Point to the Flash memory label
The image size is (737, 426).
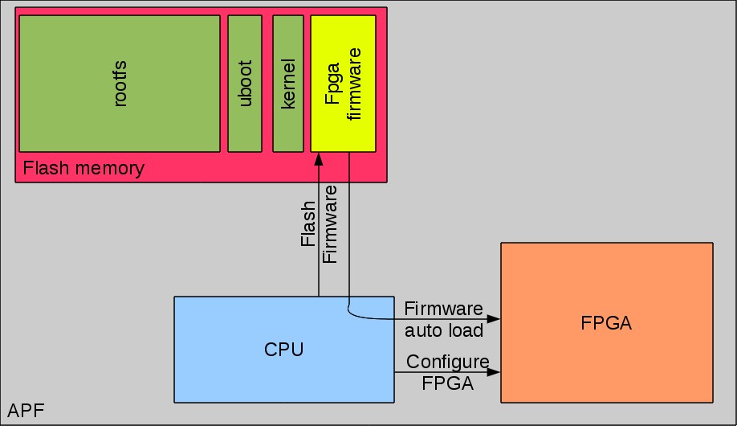[x=83, y=169]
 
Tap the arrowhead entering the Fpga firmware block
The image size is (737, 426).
[x=320, y=158]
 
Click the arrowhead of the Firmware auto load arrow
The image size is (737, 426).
[x=495, y=319]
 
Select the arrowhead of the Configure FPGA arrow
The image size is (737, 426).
[x=495, y=372]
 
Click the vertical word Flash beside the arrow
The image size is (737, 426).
[x=307, y=224]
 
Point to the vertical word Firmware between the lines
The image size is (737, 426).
[x=330, y=224]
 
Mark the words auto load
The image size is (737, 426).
[x=444, y=330]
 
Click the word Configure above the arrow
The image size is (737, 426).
[x=446, y=361]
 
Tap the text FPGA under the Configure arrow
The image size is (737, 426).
[x=447, y=383]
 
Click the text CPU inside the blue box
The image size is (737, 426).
[x=284, y=349]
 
